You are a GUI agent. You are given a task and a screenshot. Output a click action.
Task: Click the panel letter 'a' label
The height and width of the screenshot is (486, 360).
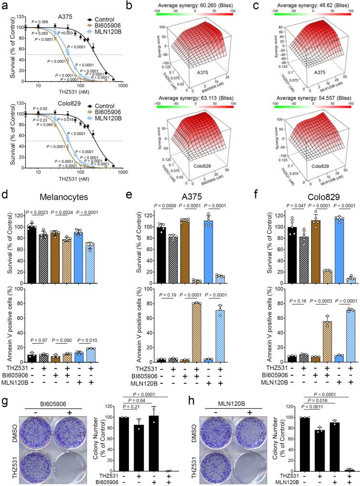[4, 5]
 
